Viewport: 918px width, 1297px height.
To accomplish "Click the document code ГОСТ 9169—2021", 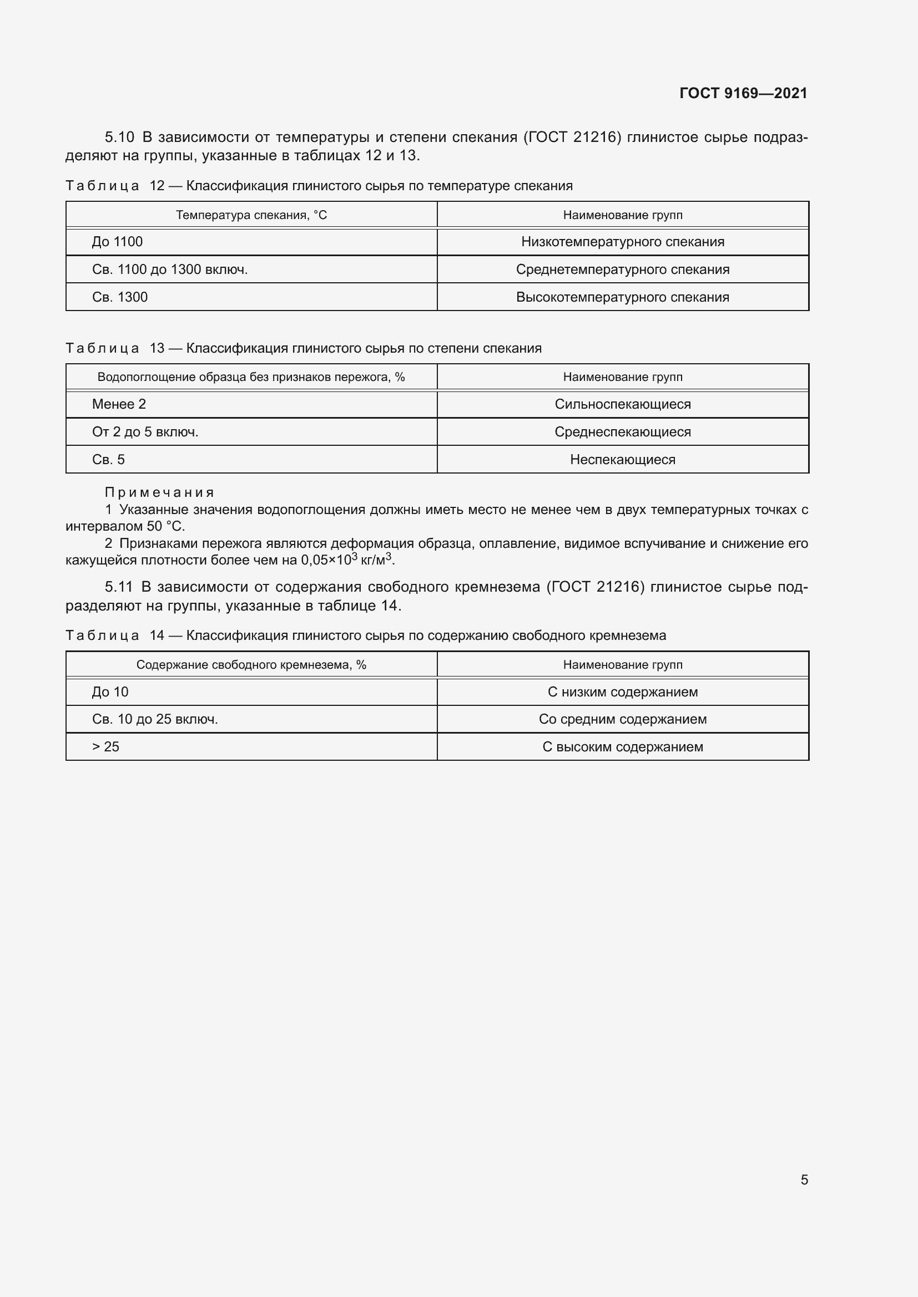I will click(743, 93).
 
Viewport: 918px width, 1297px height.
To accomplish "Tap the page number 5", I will click(804, 1179).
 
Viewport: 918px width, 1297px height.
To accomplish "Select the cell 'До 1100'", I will click(118, 242).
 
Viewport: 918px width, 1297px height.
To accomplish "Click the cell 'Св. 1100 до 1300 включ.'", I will click(170, 269).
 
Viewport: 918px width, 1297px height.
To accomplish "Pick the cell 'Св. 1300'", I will click(120, 297).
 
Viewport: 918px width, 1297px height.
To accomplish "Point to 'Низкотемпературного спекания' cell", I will click(622, 242).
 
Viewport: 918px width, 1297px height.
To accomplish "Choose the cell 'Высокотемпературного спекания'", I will click(622, 297).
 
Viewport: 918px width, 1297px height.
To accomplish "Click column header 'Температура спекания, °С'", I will click(251, 215).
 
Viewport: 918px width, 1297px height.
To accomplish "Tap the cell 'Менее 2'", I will click(119, 404).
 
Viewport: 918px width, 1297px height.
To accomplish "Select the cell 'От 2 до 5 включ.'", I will click(145, 432).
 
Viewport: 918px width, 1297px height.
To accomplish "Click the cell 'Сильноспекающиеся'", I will click(622, 404).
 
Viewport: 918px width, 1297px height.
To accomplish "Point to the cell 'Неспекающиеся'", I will click(622, 460).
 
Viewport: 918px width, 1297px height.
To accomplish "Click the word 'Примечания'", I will click(159, 492).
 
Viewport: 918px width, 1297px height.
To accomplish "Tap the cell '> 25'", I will click(105, 747).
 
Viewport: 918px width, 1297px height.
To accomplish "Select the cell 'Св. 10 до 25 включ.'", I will click(155, 719).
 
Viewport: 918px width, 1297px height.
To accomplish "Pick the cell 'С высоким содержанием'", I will click(622, 747).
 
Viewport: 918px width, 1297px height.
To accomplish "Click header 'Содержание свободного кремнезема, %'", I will click(251, 665).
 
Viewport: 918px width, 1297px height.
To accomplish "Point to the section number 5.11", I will click(118, 587).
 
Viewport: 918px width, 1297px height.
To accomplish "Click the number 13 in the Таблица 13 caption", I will click(157, 349).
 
